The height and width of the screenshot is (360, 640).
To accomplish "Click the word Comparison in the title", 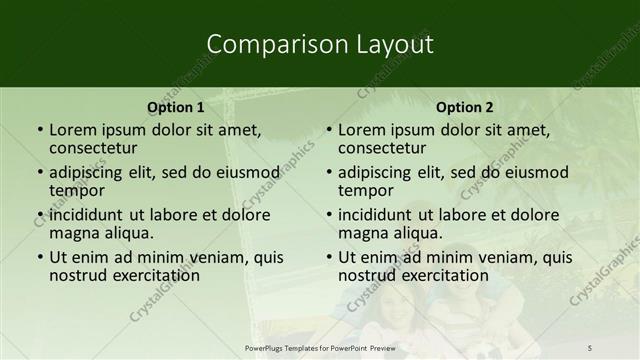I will pyautogui.click(x=264, y=44).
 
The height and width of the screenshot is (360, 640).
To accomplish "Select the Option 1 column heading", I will pyautogui.click(x=176, y=107).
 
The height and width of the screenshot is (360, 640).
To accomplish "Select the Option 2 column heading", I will pyautogui.click(x=465, y=107).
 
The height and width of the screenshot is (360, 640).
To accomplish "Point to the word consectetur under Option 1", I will pyautogui.click(x=96, y=148).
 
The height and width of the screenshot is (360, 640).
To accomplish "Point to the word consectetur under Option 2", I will pyautogui.click(x=385, y=148).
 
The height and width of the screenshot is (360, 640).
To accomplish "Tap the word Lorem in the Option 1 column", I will pyautogui.click(x=72, y=130).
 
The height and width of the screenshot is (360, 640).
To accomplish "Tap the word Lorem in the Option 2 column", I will pyautogui.click(x=361, y=130).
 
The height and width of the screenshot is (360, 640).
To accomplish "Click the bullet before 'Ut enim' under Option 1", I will pyautogui.click(x=39, y=257).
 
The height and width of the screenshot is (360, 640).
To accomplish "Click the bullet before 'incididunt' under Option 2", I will pyautogui.click(x=328, y=214).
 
